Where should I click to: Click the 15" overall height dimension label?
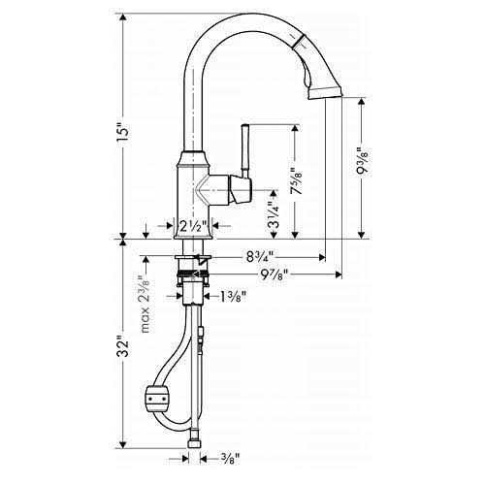[x=123, y=132]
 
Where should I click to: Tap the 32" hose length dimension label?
[x=123, y=347]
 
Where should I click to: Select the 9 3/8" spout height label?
[x=363, y=162]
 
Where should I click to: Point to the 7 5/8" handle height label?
[x=296, y=181]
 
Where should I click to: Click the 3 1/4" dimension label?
[x=275, y=215]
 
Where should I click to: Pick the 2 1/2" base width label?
[x=193, y=227]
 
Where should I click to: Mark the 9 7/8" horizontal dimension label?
[x=275, y=275]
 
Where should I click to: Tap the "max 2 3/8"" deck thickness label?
[x=145, y=304]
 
